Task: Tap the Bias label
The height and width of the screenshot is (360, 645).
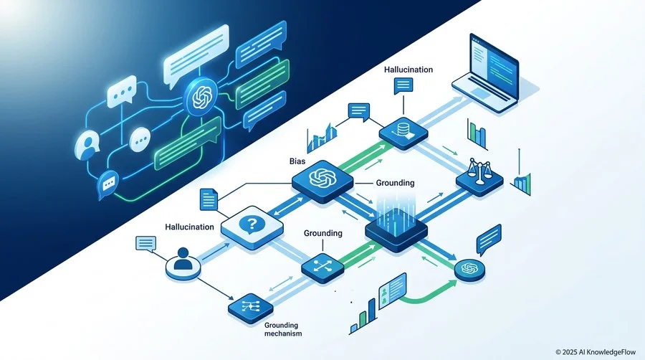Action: tap(297, 161)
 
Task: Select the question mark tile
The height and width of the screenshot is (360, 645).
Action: tap(252, 227)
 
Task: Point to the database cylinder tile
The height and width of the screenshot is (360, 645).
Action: tap(403, 133)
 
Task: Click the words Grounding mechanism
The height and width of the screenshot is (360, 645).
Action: tap(283, 329)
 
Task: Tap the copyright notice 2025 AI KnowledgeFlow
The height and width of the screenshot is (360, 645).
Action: tap(596, 352)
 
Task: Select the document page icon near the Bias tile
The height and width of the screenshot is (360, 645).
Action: tap(208, 199)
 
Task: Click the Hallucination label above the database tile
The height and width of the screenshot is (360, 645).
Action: tap(408, 70)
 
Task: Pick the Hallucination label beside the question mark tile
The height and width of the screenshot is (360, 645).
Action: tap(189, 227)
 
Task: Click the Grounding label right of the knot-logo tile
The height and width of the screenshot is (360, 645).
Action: tap(395, 183)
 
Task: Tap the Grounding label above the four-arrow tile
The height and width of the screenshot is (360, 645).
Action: tap(323, 233)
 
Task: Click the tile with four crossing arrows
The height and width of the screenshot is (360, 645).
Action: tap(322, 267)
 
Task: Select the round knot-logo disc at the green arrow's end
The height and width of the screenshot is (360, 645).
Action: tap(469, 270)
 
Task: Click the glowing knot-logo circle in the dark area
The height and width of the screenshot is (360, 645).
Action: tap(201, 97)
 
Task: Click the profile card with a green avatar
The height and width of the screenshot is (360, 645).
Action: tap(393, 290)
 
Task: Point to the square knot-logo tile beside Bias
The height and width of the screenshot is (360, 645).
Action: tap(322, 179)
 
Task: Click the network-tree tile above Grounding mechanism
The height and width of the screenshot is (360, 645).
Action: tap(251, 308)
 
